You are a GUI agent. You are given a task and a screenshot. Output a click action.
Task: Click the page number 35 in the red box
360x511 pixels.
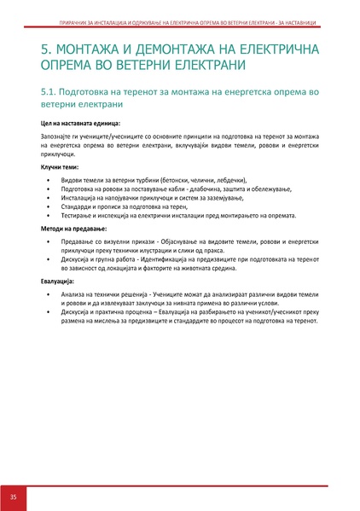(14, 496)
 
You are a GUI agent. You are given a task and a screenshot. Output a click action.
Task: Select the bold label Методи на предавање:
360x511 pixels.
(73, 229)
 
